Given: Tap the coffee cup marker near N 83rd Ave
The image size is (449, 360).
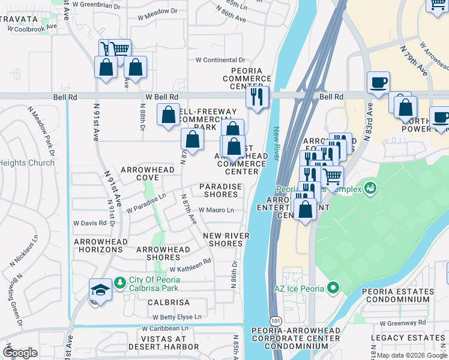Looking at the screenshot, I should click(378, 83).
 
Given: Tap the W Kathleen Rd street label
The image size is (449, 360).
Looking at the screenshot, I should click(190, 262).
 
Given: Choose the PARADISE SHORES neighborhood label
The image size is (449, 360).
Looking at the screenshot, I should click(221, 190).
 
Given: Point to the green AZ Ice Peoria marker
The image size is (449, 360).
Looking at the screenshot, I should click(331, 289).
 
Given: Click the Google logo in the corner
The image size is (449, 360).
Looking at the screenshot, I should click(20, 352).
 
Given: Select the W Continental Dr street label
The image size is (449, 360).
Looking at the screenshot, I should click(221, 60).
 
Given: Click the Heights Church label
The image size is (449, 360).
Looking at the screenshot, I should click(27, 163).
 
